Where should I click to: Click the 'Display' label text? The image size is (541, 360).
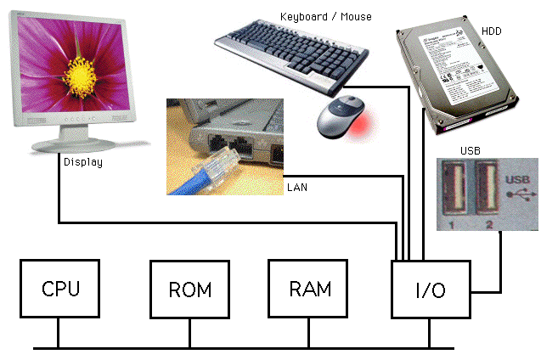(x=82, y=161)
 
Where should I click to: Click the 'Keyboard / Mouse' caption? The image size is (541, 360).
(x=325, y=16)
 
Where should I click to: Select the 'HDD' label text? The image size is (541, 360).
(x=492, y=31)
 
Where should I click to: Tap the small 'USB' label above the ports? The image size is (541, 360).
(x=471, y=151)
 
